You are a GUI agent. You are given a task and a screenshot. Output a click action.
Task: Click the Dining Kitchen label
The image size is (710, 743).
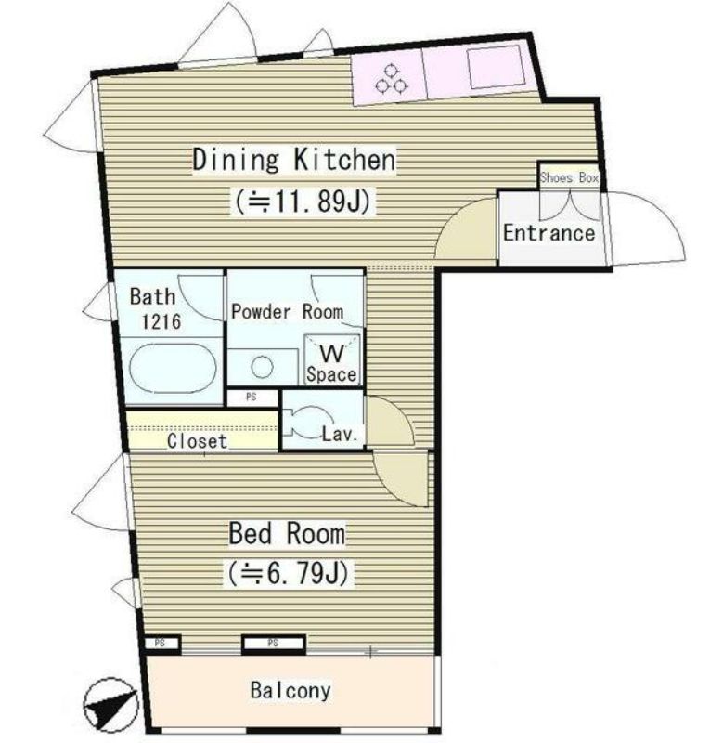click(x=294, y=160)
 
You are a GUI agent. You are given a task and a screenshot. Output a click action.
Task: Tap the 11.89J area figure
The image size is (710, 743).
click(x=303, y=202)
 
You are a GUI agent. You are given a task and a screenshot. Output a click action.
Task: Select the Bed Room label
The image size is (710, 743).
click(x=287, y=533)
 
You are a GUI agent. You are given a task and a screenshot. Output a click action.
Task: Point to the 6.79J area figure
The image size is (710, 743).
click(x=289, y=573)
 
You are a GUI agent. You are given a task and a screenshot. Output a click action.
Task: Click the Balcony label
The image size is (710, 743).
click(x=290, y=690)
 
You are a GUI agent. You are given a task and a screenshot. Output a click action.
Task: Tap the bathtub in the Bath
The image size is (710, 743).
click(x=173, y=368)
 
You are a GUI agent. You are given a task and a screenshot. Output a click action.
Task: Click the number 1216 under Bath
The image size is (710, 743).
click(x=161, y=321)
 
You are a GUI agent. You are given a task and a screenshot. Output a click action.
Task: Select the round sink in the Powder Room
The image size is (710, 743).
click(x=262, y=367)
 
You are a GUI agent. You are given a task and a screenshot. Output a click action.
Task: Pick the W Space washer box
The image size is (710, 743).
click(x=331, y=359)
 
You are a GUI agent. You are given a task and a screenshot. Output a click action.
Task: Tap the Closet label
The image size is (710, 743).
click(x=197, y=440)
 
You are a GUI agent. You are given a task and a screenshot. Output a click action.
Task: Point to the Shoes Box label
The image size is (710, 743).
click(x=569, y=177)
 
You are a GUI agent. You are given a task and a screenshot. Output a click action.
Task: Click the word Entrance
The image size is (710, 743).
click(x=549, y=233)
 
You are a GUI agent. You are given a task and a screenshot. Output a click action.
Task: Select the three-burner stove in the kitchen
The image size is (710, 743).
click(x=391, y=79)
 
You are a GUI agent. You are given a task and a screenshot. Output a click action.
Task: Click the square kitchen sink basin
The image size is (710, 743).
click(x=496, y=68)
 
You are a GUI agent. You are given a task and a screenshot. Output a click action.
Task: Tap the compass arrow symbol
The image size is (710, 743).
click(x=110, y=705)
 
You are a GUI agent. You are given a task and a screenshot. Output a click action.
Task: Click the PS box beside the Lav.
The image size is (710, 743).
click(x=252, y=398)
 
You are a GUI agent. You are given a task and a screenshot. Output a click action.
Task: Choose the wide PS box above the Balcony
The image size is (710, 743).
click(x=273, y=643)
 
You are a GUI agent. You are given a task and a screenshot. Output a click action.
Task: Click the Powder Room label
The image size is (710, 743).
click(x=287, y=312)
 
